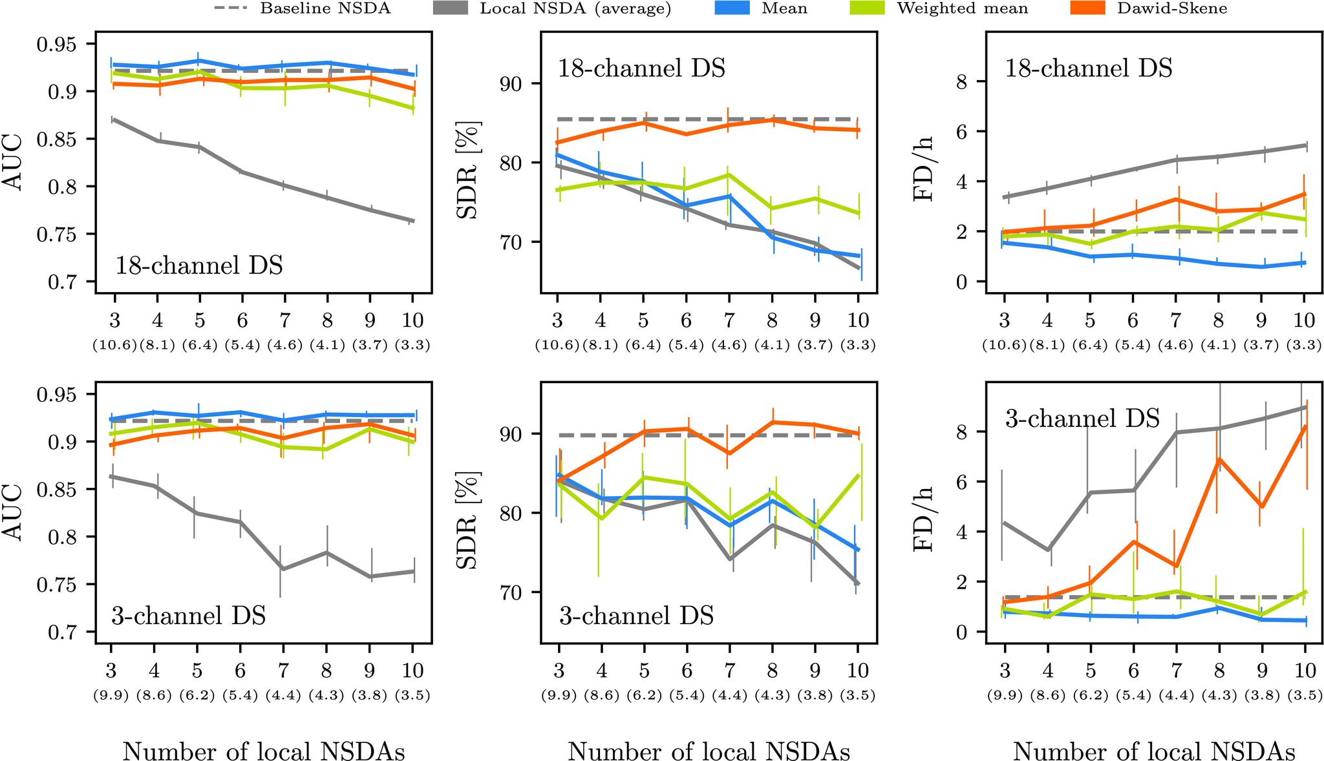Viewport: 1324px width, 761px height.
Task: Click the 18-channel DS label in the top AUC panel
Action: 198,266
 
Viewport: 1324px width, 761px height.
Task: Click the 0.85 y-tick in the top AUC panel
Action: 58,140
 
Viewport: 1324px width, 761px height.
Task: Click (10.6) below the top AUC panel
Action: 114,345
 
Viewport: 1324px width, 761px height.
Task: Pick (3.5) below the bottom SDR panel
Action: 857,696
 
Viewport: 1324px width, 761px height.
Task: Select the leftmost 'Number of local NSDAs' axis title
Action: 264,751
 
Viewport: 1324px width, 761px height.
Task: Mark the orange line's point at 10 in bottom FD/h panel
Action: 1304,426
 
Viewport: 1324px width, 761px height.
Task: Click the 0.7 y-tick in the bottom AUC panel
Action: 63,632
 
